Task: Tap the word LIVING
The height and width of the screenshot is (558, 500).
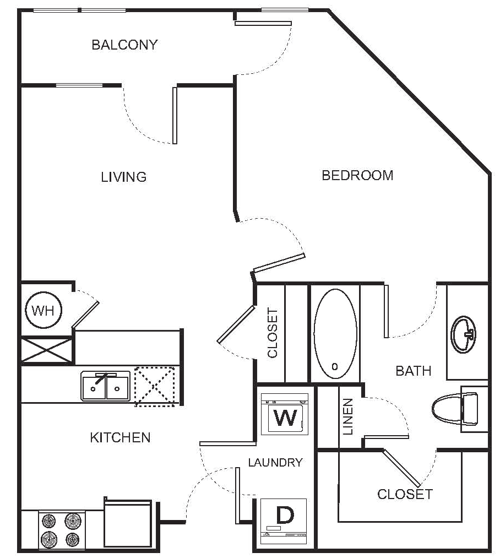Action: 123,177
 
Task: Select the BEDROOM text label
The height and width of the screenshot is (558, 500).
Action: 357,175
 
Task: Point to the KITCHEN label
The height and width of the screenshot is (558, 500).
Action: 121,438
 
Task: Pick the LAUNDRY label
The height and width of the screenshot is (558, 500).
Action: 276,463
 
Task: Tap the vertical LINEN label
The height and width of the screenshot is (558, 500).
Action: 348,416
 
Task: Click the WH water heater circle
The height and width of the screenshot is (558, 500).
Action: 45,312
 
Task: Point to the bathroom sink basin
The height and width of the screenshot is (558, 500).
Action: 464,334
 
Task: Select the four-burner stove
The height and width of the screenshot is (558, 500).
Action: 61,529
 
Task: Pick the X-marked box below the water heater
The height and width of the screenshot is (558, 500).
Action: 47,350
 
